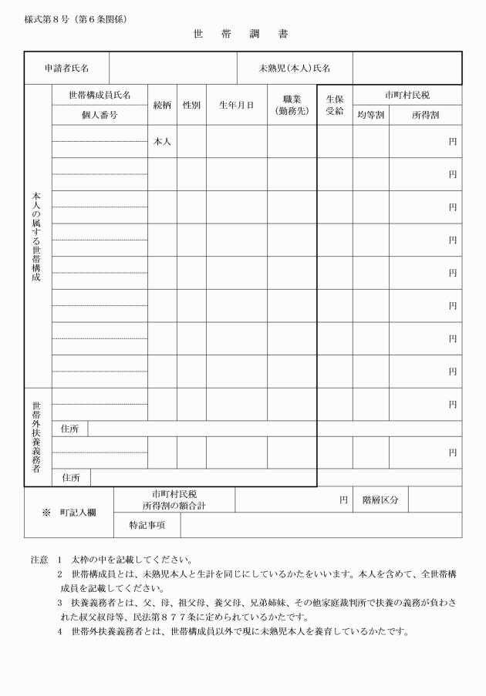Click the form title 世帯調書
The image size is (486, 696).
point(241,35)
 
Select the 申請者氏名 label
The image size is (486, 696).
point(66,68)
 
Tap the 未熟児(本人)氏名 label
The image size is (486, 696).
point(295,68)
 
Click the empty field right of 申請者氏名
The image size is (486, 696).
point(173,68)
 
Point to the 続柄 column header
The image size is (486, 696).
point(162,105)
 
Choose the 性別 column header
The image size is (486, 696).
point(191,105)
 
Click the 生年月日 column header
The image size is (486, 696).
point(236,105)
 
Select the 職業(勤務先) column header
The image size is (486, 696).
point(292,105)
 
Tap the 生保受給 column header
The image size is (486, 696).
point(335,105)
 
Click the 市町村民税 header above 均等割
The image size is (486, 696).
point(407,95)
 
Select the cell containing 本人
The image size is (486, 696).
point(162,142)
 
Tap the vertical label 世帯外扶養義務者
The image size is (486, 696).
point(37,436)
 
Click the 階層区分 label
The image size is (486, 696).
point(380,499)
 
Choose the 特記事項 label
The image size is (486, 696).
point(147,525)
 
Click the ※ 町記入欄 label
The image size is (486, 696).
point(69,512)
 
